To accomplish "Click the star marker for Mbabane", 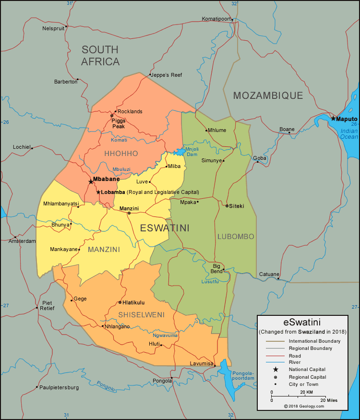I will [91, 182].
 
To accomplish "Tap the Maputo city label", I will [347, 119].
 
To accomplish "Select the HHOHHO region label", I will [121, 154].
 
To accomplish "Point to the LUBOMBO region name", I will [236, 237].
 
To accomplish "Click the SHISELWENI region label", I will [141, 315].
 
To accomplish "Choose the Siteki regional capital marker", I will [227, 206].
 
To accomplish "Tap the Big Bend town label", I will [217, 268].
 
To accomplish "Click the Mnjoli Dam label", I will [192, 152].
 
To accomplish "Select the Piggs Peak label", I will [118, 123].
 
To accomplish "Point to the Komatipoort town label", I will [216, 19].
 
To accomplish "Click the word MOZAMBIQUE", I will [268, 96].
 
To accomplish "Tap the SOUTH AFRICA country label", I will [100, 55].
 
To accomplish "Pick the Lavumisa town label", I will [201, 363].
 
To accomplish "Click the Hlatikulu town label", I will [133, 302].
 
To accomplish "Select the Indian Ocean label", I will [349, 133].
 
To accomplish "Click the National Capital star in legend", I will [276, 369].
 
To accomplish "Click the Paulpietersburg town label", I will [59, 387].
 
